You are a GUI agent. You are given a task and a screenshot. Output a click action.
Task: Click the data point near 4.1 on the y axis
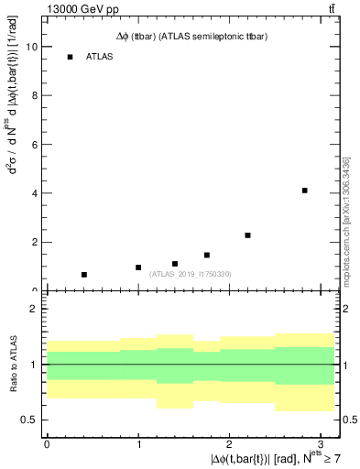tap(304, 191)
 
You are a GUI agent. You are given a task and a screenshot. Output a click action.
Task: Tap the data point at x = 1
tap(138, 267)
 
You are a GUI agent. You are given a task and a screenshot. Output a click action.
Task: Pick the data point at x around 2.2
tap(248, 235)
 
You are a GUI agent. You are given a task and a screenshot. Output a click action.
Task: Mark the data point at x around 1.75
tap(207, 256)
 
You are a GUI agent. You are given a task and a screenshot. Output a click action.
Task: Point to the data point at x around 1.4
tap(175, 264)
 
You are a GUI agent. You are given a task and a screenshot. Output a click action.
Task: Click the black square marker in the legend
tap(70, 57)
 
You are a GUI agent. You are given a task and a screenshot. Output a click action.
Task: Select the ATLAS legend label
tap(99, 57)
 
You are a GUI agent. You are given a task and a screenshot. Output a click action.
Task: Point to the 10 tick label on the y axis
tap(32, 47)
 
